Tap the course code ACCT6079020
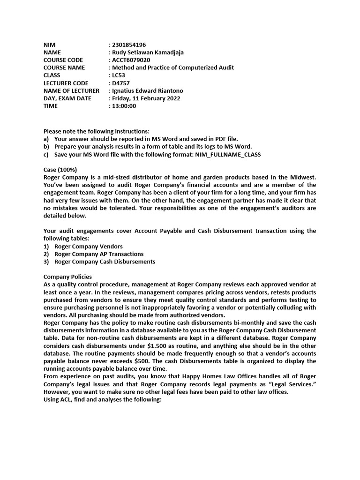[131, 60]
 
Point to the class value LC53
[119, 75]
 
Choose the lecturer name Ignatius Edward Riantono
[147, 90]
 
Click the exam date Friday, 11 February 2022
[146, 98]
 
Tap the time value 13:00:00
[124, 106]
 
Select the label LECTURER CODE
[66, 83]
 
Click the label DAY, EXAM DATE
[67, 98]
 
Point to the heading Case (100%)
[60, 169]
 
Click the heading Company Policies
[67, 277]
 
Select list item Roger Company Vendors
[89, 246]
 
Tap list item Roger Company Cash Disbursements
[105, 262]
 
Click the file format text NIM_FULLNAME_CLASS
[225, 154]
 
